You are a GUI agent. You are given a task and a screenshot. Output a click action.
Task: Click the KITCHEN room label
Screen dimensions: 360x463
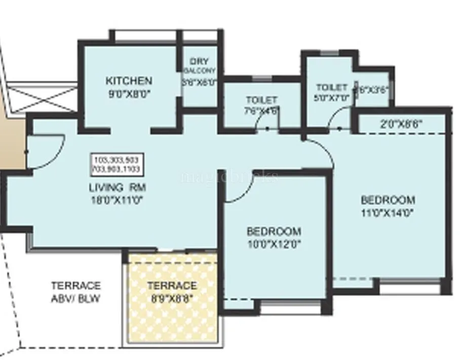tap(129, 81)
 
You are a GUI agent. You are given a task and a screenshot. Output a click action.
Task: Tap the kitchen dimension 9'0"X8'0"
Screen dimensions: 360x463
tap(129, 93)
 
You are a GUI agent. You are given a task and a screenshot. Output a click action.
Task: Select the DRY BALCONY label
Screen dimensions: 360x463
tap(199, 66)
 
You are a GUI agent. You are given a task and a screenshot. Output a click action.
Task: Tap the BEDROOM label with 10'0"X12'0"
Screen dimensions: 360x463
tap(274, 231)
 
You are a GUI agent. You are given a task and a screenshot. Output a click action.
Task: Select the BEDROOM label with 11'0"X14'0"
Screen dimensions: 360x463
tap(388, 199)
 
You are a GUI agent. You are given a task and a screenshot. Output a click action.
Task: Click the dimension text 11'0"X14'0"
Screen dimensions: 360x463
tap(388, 213)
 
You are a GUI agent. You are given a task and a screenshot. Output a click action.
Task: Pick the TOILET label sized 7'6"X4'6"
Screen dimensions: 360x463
tap(261, 100)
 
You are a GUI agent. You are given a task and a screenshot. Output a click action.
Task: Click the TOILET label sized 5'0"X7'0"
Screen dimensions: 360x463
tap(332, 88)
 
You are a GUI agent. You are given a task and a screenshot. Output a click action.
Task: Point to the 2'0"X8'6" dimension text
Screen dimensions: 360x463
tap(402, 123)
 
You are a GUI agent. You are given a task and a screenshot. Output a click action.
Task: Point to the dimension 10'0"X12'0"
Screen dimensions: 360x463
tap(274, 244)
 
